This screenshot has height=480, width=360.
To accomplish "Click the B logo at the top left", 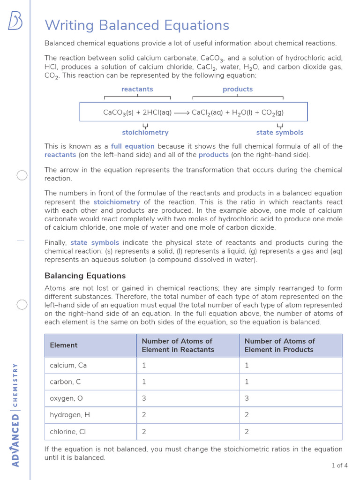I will pyautogui.click(x=15, y=21).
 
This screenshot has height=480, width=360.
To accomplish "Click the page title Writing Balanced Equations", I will pyautogui.click(x=137, y=25).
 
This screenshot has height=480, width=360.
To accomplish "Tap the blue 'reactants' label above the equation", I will pyautogui.click(x=137, y=89).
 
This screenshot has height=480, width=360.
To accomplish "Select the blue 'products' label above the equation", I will pyautogui.click(x=238, y=89).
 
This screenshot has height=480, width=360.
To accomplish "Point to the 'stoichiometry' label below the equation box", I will pyautogui.click(x=145, y=133).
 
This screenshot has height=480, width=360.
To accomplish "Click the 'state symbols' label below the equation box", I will pyautogui.click(x=280, y=133).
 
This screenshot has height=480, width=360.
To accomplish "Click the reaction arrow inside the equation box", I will pyautogui.click(x=181, y=112).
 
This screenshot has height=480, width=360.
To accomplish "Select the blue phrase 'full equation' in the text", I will pyautogui.click(x=133, y=146).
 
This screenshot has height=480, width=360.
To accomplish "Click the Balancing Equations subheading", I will pyautogui.click(x=85, y=276).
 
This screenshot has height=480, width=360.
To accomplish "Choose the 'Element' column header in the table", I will pyautogui.click(x=64, y=345).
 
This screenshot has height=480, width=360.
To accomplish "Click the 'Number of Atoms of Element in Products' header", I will pyautogui.click(x=279, y=345).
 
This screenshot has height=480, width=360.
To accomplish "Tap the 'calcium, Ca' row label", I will pyautogui.click(x=68, y=365).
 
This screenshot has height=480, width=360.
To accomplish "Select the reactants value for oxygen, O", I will pyautogui.click(x=144, y=398).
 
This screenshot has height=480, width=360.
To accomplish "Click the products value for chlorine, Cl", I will pyautogui.click(x=247, y=432).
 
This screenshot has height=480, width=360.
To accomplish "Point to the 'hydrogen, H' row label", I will pyautogui.click(x=70, y=415).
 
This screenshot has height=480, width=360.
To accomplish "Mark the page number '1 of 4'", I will pyautogui.click(x=339, y=465).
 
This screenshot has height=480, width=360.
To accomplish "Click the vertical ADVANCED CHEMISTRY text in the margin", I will pyautogui.click(x=15, y=414).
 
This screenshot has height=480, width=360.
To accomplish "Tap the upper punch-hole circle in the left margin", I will pyautogui.click(x=22, y=176).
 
